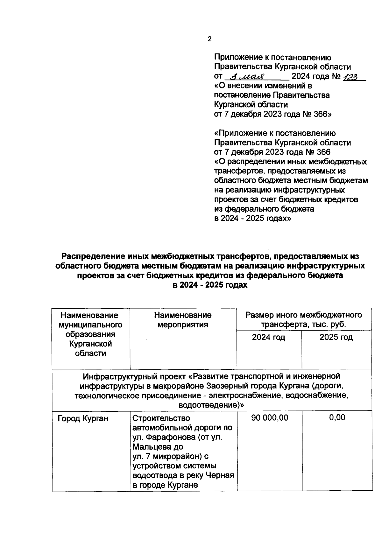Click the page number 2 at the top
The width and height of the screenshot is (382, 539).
click(x=209, y=39)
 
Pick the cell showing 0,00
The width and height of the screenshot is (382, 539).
click(x=337, y=418)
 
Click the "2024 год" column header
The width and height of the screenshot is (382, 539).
click(x=268, y=337)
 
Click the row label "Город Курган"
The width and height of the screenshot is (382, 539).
click(x=83, y=419)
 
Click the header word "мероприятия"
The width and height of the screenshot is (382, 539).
click(x=183, y=325)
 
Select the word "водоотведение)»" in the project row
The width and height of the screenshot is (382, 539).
click(x=211, y=405)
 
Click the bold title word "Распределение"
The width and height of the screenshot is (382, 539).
click(x=93, y=256)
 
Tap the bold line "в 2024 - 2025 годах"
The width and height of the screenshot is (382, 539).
click(x=210, y=285)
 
